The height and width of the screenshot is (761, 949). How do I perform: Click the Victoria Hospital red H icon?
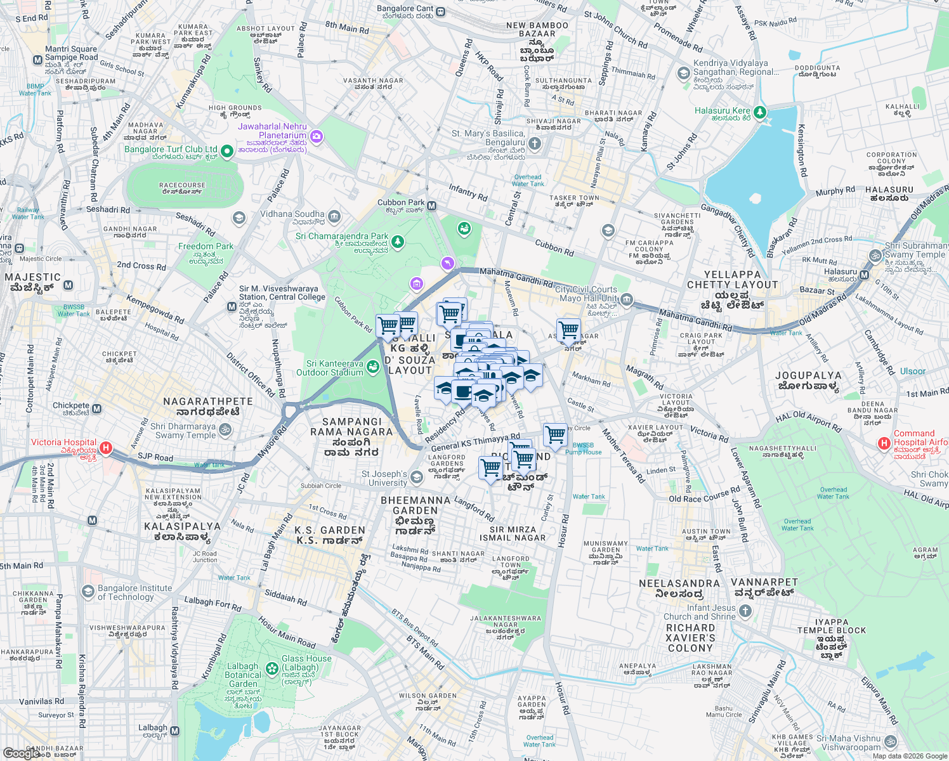[x=106, y=448]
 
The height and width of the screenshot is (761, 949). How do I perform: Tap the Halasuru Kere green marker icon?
[x=759, y=112]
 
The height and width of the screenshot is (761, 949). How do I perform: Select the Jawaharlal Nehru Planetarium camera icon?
[x=317, y=136]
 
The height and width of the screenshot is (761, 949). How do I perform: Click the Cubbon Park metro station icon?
[x=432, y=205]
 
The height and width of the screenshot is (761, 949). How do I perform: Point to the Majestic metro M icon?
[x=69, y=285]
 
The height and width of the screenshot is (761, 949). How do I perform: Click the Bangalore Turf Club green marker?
[x=227, y=150]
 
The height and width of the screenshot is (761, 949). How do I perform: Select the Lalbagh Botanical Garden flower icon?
[x=272, y=668]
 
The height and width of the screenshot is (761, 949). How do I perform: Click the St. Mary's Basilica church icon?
[x=535, y=144]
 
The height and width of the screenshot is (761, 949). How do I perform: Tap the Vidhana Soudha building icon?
[x=334, y=217]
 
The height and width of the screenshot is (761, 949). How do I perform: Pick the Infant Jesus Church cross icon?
[x=745, y=611]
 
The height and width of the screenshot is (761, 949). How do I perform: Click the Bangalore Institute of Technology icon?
[x=88, y=592]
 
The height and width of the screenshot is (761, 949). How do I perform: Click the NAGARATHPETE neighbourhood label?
[x=208, y=401]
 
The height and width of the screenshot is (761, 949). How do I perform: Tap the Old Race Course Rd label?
[x=704, y=495]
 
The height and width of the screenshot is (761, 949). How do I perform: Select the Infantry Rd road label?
[x=468, y=192]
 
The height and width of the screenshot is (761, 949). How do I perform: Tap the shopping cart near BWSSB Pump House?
[x=555, y=435]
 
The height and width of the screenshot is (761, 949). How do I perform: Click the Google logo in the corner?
[x=21, y=753]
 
